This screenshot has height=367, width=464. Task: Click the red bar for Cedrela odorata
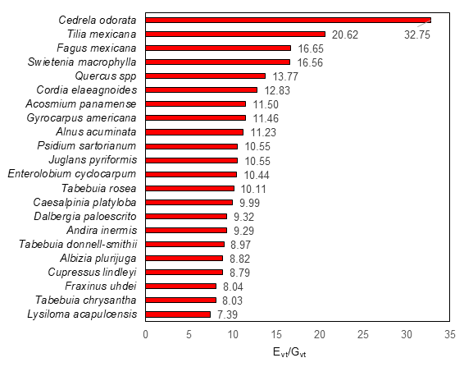(x=287, y=20)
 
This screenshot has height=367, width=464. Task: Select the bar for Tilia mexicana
(x=235, y=34)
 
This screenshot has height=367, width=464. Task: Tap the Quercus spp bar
(x=205, y=76)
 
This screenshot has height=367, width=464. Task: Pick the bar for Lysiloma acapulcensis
(x=178, y=314)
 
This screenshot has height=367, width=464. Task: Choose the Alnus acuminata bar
(x=194, y=131)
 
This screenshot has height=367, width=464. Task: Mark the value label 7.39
(x=228, y=314)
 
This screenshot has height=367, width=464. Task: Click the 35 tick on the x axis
(x=450, y=335)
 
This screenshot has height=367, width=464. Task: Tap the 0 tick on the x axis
(x=146, y=335)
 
